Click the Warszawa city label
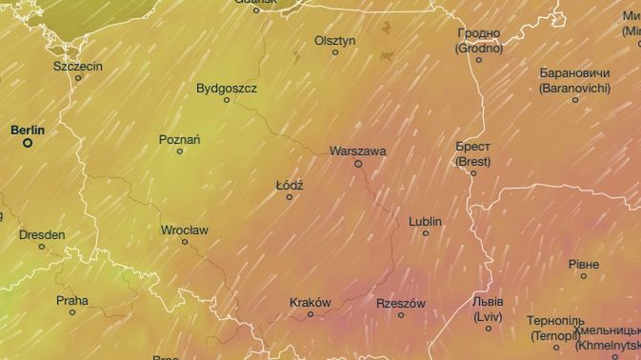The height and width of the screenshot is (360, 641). [x=357, y=150]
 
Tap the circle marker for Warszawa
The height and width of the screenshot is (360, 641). [x=358, y=164]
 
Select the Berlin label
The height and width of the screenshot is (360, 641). [x=28, y=129]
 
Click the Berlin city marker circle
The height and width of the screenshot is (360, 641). [x=28, y=143]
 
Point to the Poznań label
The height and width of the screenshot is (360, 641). [x=179, y=139]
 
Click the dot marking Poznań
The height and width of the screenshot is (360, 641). [x=179, y=151]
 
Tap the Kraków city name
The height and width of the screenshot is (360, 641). [x=310, y=302]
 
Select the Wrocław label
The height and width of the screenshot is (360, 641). [x=185, y=230]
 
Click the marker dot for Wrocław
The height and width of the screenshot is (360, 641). [x=185, y=242]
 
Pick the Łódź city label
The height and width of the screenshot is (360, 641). [x=290, y=185]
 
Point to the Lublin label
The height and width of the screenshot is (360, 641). [x=425, y=221]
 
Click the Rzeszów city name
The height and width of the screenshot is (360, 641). [x=401, y=303]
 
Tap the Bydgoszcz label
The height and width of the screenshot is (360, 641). [x=227, y=88]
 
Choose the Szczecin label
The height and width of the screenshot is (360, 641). [x=78, y=66]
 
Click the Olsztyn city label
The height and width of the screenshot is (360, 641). [x=334, y=40]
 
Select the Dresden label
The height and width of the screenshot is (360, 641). [x=42, y=234]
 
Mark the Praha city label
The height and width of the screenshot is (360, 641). [x=71, y=300]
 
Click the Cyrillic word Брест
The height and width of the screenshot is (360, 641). [x=473, y=148]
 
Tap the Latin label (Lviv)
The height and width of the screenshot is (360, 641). [x=489, y=315]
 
